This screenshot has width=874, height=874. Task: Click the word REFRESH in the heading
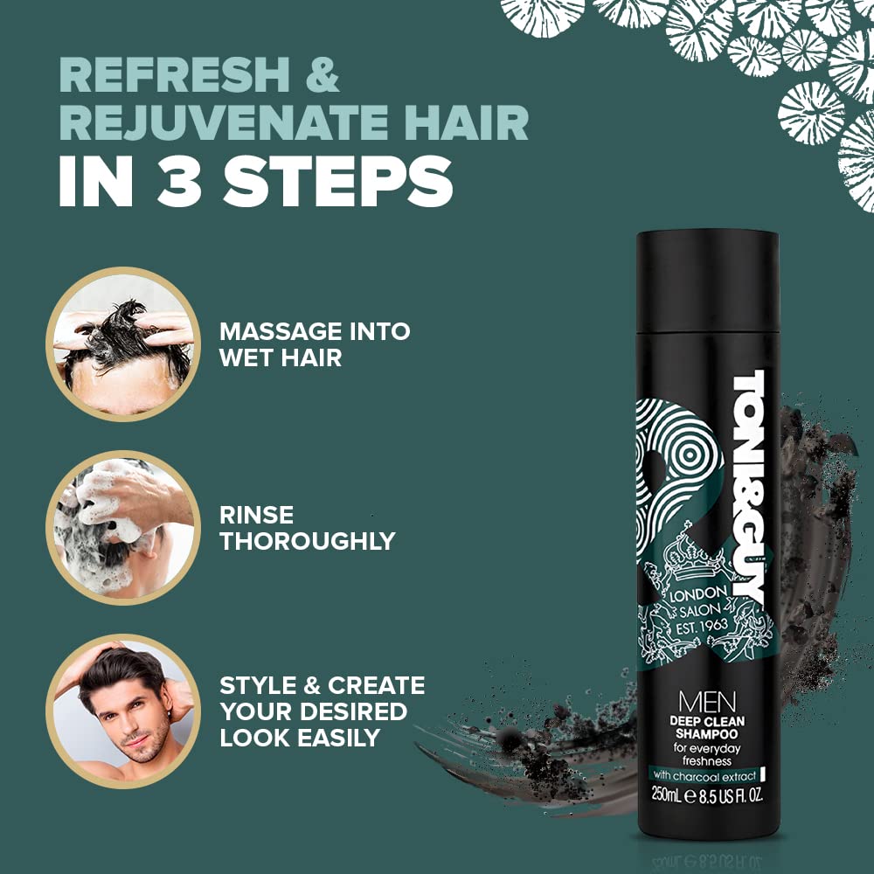click(174, 74)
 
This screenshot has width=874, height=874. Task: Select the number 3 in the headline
click(179, 180)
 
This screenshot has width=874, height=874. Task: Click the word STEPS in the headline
click(337, 180)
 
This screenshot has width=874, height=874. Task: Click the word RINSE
click(256, 515)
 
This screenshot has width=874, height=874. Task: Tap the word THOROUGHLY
click(308, 541)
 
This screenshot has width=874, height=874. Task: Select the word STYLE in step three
click(256, 685)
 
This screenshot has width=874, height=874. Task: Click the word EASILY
click(339, 738)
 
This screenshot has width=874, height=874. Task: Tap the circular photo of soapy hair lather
click(123, 527)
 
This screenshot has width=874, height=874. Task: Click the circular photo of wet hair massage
click(123, 343)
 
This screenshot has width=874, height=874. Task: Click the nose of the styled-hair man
click(133, 719)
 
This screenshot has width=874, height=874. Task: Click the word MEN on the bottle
click(707, 702)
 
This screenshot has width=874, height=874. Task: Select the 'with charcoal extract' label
click(704, 775)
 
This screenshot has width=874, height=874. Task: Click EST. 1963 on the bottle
click(702, 627)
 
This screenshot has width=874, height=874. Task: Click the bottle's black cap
click(708, 281)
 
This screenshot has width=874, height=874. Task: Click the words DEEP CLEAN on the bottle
click(707, 721)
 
